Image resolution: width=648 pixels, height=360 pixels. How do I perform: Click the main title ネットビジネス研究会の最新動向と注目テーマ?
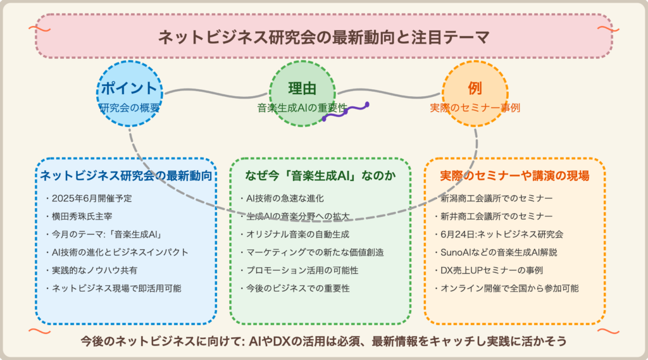pyautogui.click(x=323, y=37)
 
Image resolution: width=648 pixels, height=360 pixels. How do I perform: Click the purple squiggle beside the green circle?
pyautogui.click(x=346, y=111)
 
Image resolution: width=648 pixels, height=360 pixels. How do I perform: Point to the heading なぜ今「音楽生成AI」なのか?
pyautogui.click(x=320, y=176)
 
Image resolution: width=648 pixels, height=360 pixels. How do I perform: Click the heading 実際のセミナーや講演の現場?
pyautogui.click(x=514, y=176)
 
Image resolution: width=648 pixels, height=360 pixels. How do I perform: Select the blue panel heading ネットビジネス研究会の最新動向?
pyautogui.click(x=126, y=176)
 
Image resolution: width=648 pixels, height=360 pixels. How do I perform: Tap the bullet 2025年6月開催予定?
pyautogui.click(x=89, y=199)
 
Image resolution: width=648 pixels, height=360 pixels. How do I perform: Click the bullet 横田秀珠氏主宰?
pyautogui.click(x=78, y=216)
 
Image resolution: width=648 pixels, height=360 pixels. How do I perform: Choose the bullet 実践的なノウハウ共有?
pyautogui.click(x=91, y=270)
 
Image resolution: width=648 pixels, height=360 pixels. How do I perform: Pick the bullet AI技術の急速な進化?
pyautogui.click(x=282, y=199)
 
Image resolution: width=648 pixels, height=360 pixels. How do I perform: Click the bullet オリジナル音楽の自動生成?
pyautogui.click(x=294, y=234)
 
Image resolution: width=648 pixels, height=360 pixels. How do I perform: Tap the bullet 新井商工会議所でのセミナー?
pyautogui.click(x=493, y=216)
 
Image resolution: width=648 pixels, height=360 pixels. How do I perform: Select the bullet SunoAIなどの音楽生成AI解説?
pyautogui.click(x=495, y=252)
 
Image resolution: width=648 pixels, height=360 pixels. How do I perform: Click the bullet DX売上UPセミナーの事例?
pyautogui.click(x=488, y=270)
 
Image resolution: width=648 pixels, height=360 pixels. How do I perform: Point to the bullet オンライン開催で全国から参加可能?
pyautogui.click(x=506, y=288)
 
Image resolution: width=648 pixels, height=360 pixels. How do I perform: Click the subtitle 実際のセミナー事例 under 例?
pyautogui.click(x=475, y=108)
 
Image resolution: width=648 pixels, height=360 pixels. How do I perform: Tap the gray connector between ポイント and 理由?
pyautogui.click(x=216, y=94)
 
